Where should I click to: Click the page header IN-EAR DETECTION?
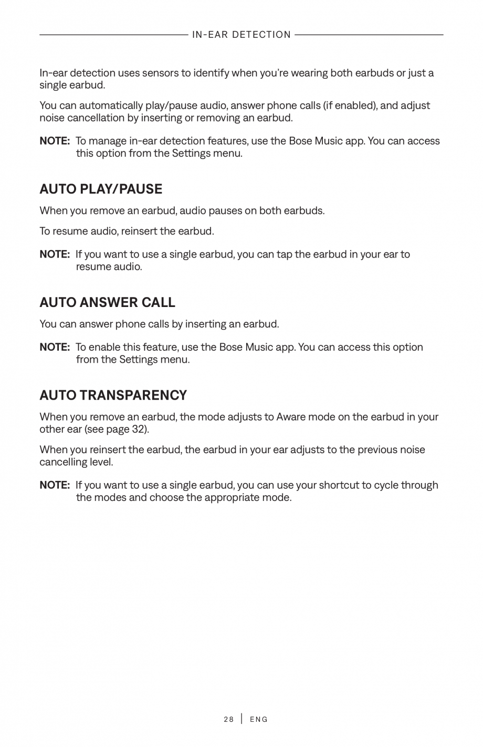click(x=241, y=35)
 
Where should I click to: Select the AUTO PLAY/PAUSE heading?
click(x=101, y=189)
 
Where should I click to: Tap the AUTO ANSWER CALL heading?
click(x=107, y=302)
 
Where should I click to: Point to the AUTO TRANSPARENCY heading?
click(x=113, y=395)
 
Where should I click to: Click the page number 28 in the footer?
click(x=228, y=719)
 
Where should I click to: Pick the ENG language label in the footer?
click(x=259, y=719)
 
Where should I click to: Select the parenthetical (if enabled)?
click(x=351, y=105)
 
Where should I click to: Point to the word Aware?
click(x=291, y=417)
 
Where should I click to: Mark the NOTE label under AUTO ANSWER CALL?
click(x=55, y=347)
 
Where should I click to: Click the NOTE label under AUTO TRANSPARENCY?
click(x=55, y=485)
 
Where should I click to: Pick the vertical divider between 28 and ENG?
click(x=242, y=719)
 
